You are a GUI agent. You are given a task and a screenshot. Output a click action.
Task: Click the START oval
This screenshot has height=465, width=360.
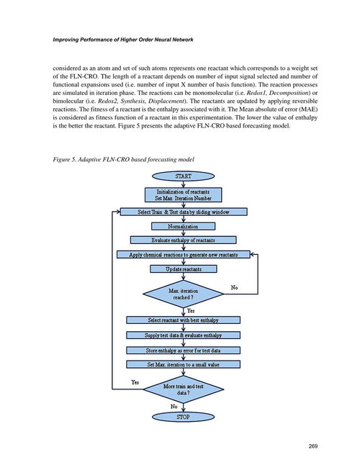tap(184, 176)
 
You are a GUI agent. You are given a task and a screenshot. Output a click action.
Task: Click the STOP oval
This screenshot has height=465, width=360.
tap(184, 417)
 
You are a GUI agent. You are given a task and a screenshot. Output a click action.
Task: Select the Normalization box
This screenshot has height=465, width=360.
tap(184, 226)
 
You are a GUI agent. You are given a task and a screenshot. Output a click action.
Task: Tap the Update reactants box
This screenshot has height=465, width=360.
tap(184, 269)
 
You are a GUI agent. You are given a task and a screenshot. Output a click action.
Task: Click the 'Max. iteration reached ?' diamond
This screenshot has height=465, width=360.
tap(184, 294)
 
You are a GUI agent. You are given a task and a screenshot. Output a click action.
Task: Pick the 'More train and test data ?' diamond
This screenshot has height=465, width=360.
tap(184, 389)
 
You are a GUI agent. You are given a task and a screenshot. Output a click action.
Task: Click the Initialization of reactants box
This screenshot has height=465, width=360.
tap(184, 195)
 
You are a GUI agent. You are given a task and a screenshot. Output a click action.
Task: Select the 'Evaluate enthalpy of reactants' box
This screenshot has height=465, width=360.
tap(184, 240)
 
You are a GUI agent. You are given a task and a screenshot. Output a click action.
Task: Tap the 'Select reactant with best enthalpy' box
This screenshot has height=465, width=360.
tap(184, 320)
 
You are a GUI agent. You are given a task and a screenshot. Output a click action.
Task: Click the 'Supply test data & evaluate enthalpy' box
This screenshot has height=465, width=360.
tap(184, 335)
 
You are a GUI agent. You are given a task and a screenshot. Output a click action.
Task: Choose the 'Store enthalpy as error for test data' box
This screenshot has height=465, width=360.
tap(184, 351)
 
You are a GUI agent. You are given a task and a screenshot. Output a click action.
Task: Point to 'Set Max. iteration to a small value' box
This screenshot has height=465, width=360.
tap(184, 364)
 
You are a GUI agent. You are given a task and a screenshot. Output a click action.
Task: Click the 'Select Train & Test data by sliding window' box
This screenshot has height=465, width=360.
tap(184, 212)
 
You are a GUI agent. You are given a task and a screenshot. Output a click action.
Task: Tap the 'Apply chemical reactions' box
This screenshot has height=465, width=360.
tap(184, 254)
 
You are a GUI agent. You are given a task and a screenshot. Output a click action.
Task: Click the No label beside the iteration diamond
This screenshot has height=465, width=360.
tap(234, 287)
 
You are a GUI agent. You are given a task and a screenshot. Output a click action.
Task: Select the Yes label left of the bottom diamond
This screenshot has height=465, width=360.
tap(135, 382)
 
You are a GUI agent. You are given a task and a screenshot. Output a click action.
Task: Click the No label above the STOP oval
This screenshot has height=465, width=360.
tap(174, 406)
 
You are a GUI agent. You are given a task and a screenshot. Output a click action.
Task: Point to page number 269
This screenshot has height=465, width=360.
tap(313, 446)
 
